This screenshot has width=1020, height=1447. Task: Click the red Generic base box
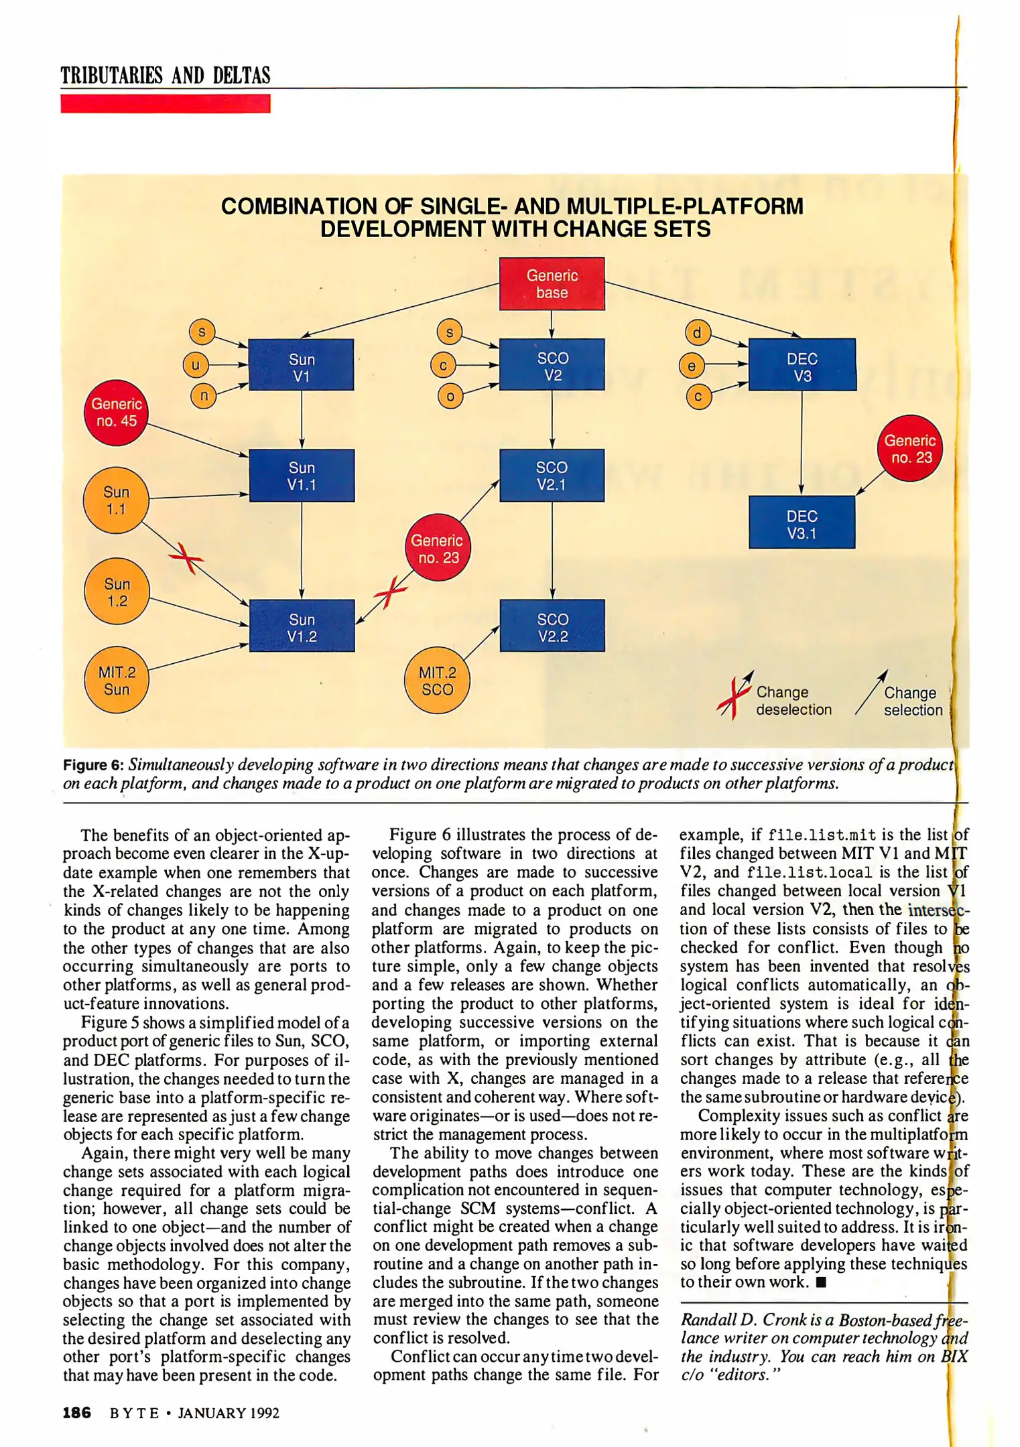(x=552, y=284)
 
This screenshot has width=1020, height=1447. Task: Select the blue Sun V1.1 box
(x=302, y=476)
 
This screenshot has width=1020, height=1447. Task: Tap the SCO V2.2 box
(x=552, y=626)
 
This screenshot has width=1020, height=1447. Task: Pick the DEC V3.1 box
(x=802, y=523)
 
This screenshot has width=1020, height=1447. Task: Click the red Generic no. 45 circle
(x=117, y=412)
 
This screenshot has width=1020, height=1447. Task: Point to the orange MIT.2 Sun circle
(x=117, y=681)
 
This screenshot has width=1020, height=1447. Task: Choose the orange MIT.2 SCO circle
(x=437, y=681)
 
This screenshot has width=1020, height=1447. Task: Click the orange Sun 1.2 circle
(x=117, y=592)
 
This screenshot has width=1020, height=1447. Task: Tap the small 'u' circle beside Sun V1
(x=196, y=365)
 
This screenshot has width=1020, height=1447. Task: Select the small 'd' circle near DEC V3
(x=697, y=333)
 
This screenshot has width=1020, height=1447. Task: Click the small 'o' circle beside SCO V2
(x=450, y=397)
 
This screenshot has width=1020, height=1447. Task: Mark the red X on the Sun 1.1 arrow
(x=187, y=557)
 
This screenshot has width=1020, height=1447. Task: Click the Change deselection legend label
(x=793, y=701)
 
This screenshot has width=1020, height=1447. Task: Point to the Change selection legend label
(x=912, y=701)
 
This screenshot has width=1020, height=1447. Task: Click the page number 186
(x=76, y=1413)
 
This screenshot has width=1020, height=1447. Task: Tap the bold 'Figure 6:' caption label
(x=93, y=765)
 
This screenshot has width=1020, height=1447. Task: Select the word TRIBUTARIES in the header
(x=111, y=76)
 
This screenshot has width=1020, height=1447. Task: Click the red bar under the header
(x=165, y=104)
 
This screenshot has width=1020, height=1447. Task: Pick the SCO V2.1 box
(x=552, y=476)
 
